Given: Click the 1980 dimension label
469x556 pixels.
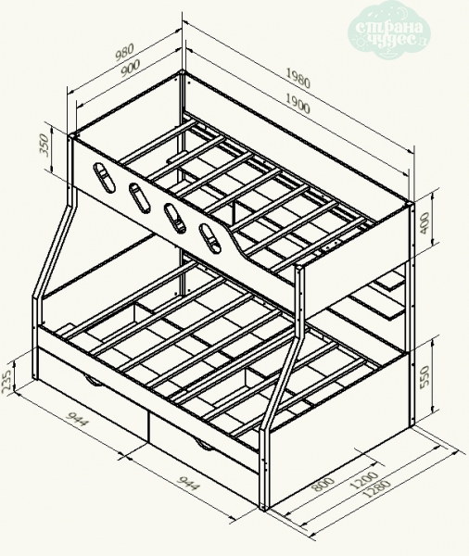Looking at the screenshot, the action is [298, 78].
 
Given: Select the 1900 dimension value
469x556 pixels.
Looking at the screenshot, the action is [298, 103].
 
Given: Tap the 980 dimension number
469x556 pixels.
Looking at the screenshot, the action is [124, 51].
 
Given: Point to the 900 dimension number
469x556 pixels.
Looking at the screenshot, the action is [130, 67].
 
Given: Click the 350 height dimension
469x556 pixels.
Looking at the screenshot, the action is [44, 145].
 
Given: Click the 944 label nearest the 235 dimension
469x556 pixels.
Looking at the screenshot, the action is [77, 419].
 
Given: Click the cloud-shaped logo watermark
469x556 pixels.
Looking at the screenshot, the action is [389, 32].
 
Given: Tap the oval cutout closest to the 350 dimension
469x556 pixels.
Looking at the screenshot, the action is [104, 177].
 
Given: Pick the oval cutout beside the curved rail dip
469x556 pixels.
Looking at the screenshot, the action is [209, 238].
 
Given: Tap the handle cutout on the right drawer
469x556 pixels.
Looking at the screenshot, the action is [202, 443].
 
